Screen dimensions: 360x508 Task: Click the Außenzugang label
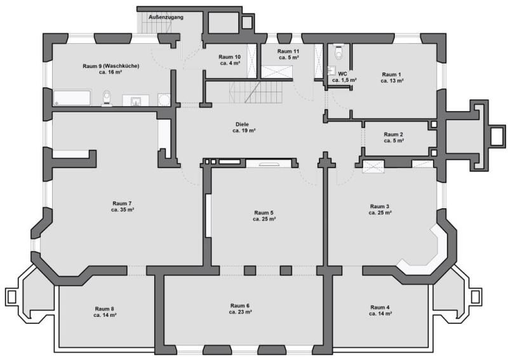click(166, 17)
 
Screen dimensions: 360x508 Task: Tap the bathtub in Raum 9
click(73, 98)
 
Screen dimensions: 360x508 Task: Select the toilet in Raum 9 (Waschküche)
click(107, 97)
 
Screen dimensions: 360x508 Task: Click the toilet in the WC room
click(338, 50)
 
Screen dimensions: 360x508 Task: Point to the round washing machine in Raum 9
click(163, 99)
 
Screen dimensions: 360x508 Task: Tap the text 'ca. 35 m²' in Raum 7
click(122, 209)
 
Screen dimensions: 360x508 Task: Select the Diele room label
click(243, 124)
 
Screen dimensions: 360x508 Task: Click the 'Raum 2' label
click(393, 135)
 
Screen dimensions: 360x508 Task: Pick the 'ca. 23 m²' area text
click(241, 312)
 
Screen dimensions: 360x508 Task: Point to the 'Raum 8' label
click(105, 309)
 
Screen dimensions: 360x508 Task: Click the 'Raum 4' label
click(380, 307)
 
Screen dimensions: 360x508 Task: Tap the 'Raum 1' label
click(391, 75)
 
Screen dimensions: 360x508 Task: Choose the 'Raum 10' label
click(229, 57)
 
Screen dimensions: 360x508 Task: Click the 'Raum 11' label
click(288, 51)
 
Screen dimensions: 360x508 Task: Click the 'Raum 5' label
click(264, 213)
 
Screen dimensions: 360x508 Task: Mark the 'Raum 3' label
click(380, 206)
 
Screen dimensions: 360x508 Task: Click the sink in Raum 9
click(135, 100)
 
